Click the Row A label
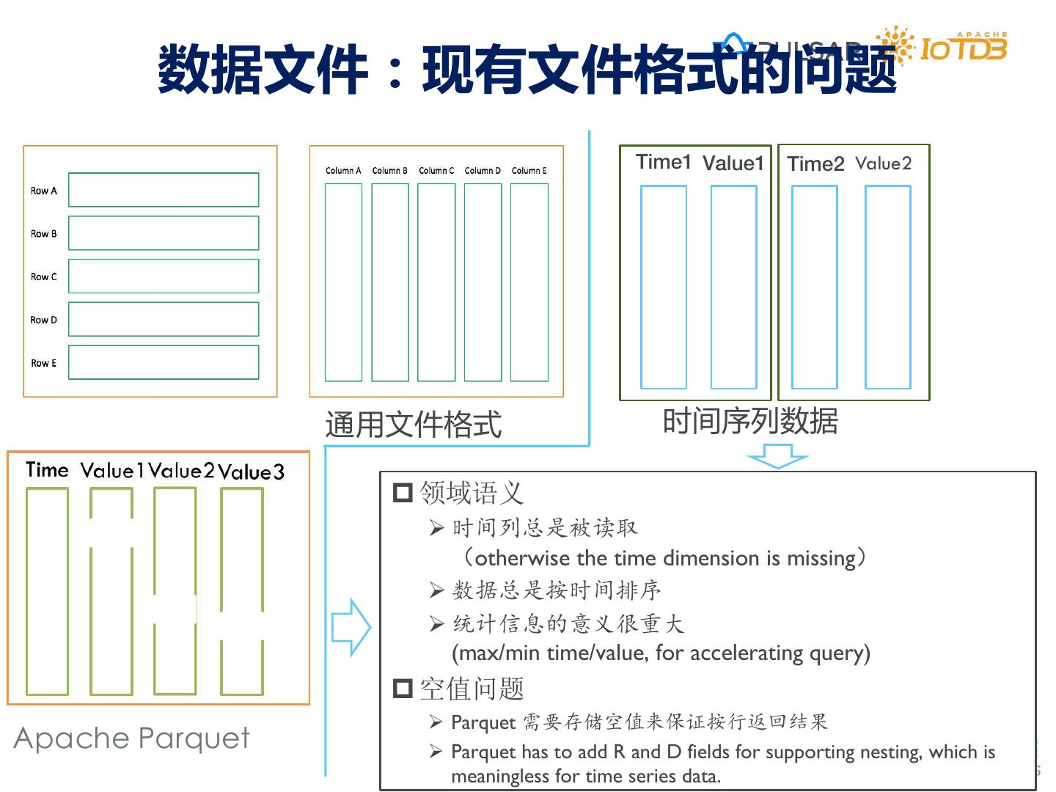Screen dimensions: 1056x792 43,191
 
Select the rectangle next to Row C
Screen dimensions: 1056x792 164,276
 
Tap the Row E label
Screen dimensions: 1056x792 43,363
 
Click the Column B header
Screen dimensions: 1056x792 389,171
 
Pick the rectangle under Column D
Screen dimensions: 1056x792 483,282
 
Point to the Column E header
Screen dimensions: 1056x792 529,171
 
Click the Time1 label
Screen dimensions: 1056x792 663,162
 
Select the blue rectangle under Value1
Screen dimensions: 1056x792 733,287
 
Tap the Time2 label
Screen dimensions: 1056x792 815,164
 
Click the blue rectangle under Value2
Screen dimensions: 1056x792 887,287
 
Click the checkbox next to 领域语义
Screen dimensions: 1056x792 403,492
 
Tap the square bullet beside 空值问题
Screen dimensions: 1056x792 403,689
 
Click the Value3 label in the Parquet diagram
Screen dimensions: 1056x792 251,472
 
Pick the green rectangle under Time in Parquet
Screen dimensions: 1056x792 47,591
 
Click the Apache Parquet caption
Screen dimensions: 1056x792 132,738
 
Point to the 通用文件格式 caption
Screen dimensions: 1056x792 414,425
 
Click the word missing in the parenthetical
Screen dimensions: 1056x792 821,559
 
